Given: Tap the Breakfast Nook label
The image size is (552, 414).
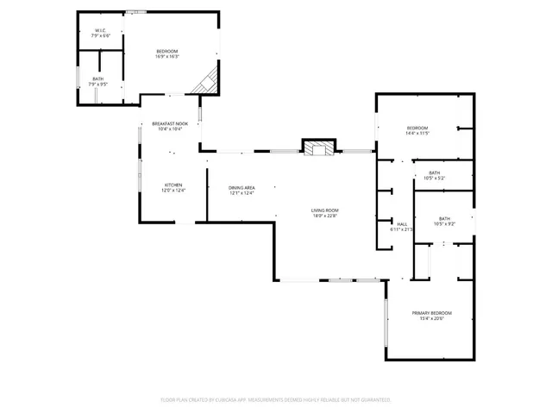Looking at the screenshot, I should [x=169, y=123].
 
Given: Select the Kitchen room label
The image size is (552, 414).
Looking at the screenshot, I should [x=173, y=185].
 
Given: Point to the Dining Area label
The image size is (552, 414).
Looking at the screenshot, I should [x=241, y=188].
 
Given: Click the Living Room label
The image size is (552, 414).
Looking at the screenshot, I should [x=325, y=210].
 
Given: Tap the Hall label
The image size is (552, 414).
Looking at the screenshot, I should [x=402, y=224].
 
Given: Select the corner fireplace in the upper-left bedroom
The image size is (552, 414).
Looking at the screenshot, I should [x=205, y=82].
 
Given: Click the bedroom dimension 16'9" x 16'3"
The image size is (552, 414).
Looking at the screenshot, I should [x=167, y=56].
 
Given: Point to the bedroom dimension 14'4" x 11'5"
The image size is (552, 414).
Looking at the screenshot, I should [x=417, y=133].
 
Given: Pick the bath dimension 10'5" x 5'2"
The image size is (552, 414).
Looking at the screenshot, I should [x=434, y=178].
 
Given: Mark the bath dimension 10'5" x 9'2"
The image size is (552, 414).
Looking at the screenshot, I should [x=444, y=223].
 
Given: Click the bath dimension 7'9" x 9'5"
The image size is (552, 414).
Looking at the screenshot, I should [x=98, y=85].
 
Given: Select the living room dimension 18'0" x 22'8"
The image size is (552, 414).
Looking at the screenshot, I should [x=325, y=216].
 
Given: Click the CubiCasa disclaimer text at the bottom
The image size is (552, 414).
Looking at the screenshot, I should [x=276, y=399].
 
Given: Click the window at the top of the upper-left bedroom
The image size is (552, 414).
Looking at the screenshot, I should [x=135, y=12].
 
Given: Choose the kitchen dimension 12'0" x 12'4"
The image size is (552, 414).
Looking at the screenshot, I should [x=173, y=191].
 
